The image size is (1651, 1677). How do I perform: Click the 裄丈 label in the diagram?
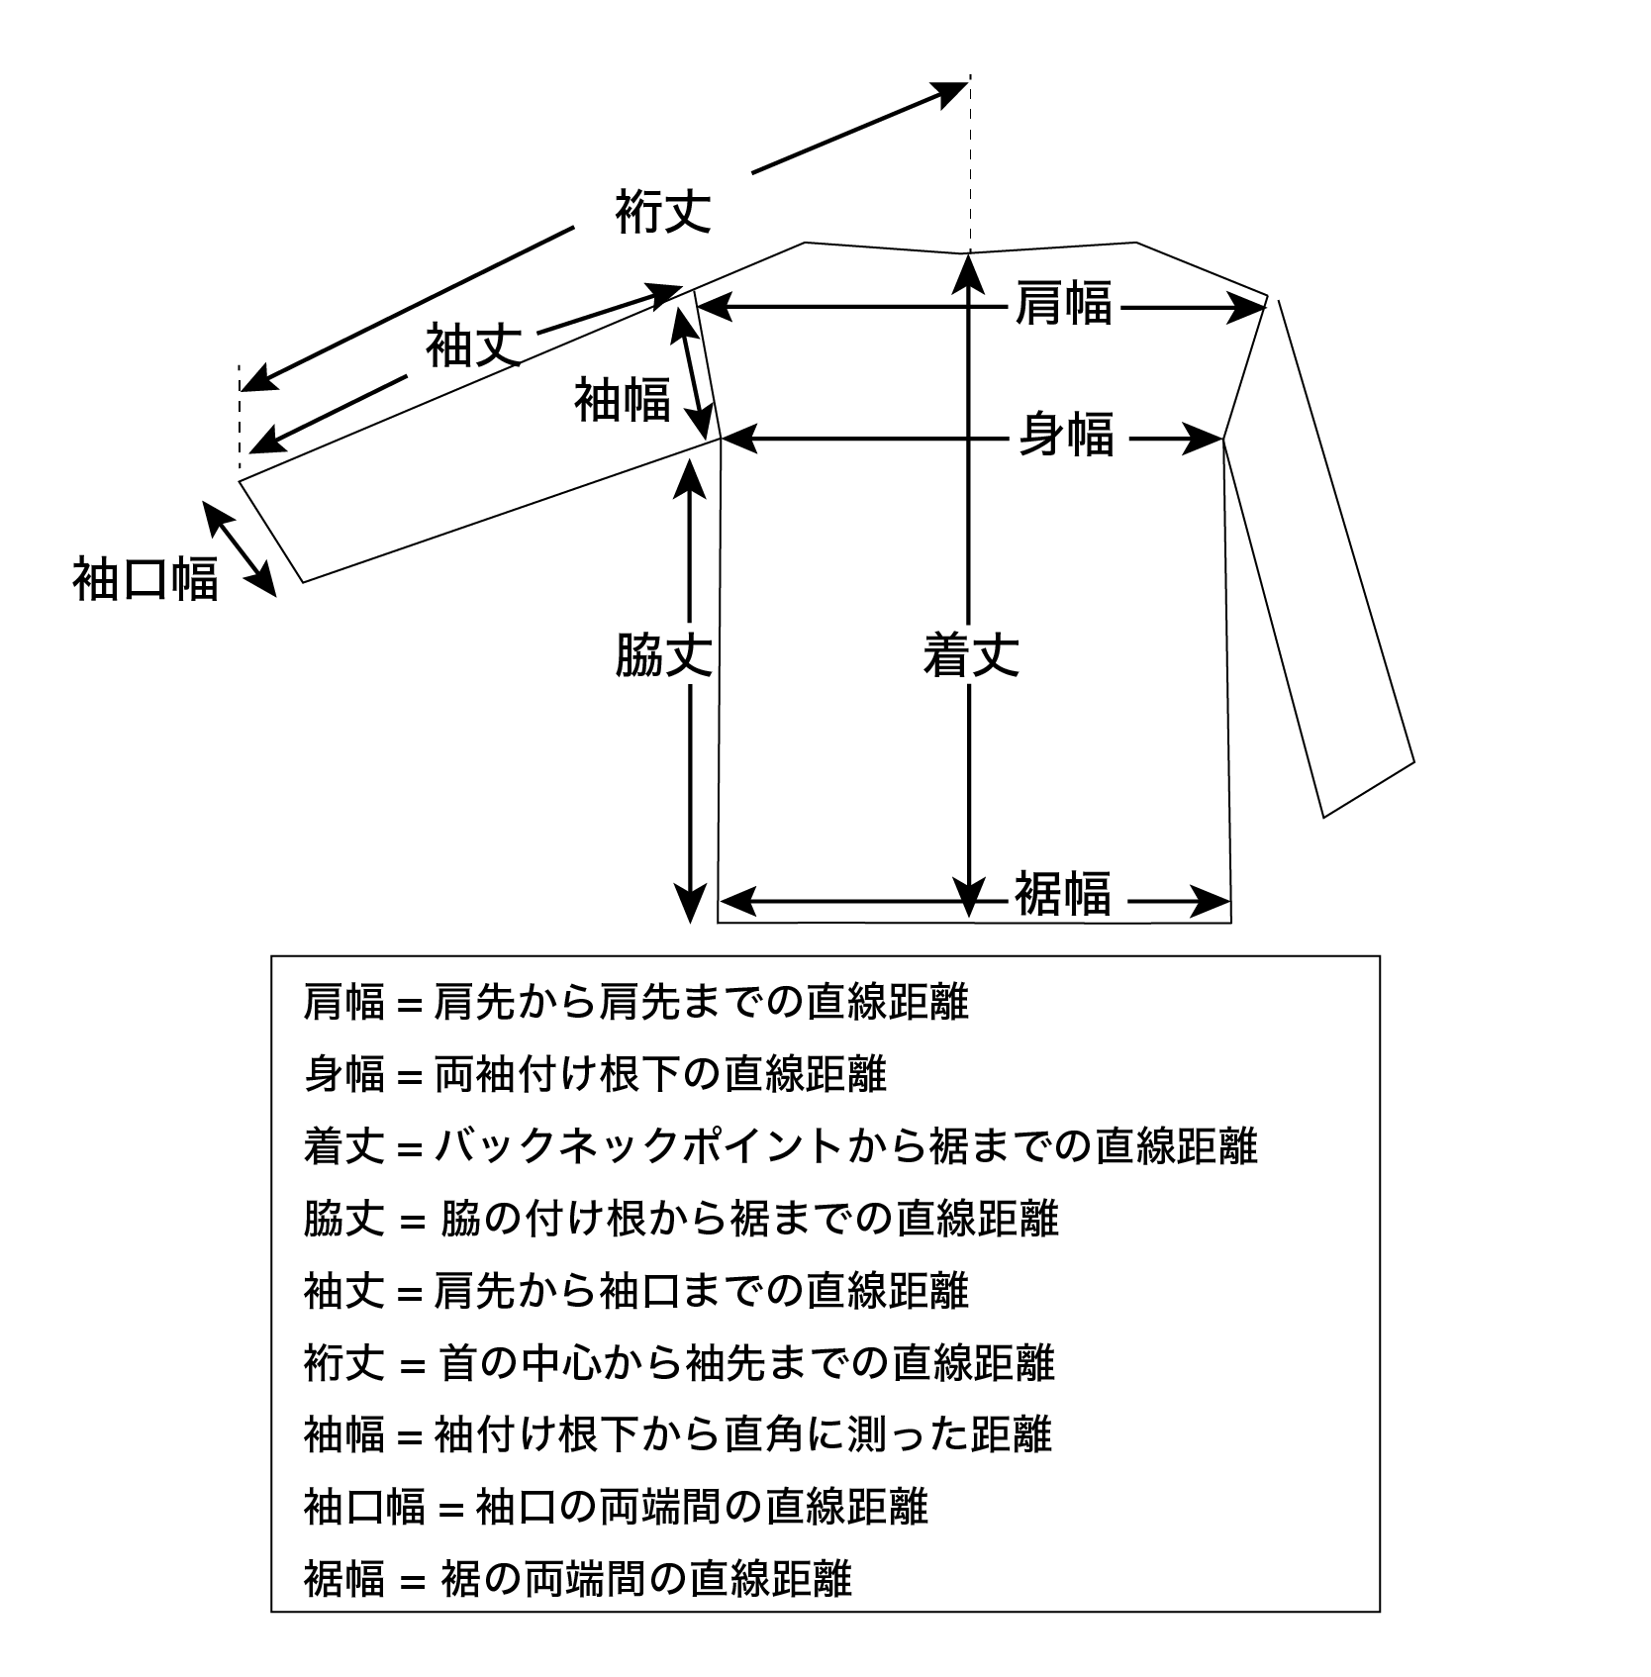(x=663, y=210)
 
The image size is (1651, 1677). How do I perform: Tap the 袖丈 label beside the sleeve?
(x=473, y=345)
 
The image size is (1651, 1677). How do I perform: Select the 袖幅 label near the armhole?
(x=623, y=399)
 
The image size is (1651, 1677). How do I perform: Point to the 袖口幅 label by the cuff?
(x=146, y=578)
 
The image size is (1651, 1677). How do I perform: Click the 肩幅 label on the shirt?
(x=1064, y=302)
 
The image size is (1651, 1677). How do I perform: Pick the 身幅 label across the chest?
(x=1067, y=434)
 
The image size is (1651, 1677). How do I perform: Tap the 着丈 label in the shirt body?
(x=971, y=654)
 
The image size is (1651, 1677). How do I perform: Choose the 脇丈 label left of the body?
(x=663, y=654)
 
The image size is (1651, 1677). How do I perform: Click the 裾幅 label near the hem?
(x=1062, y=893)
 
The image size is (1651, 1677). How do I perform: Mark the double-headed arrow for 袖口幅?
(x=240, y=548)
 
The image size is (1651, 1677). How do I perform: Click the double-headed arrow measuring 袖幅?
(x=693, y=372)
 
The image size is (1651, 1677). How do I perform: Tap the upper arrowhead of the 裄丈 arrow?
(x=950, y=90)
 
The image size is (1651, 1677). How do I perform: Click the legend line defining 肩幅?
(x=635, y=1003)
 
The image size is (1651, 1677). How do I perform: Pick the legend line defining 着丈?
(x=781, y=1146)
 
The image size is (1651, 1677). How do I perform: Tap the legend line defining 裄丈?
(x=679, y=1362)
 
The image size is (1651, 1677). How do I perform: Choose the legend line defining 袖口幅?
(x=616, y=1506)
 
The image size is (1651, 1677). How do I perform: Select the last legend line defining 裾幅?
(x=577, y=1578)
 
